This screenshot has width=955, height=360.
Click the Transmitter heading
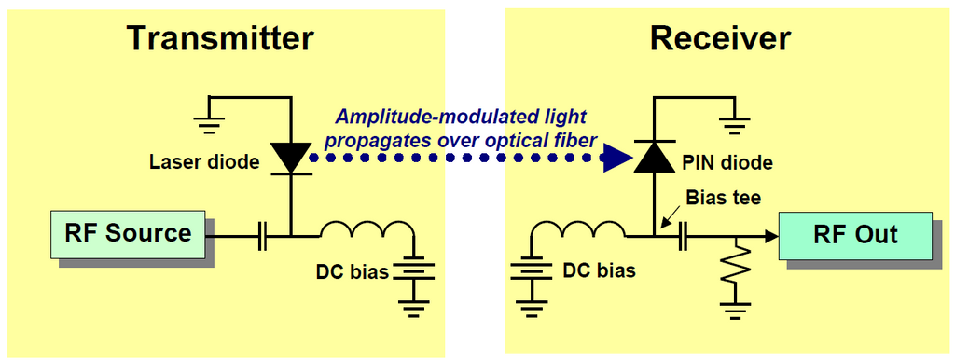(220, 38)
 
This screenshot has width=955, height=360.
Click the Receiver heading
(721, 38)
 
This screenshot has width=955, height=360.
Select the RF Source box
(128, 234)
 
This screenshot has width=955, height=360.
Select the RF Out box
(855, 234)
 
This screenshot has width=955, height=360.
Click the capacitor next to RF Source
(262, 236)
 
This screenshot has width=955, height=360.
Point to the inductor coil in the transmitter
(367, 229)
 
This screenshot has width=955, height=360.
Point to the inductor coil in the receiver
(578, 229)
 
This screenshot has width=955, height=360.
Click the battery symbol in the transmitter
(413, 271)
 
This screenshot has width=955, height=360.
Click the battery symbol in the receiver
(531, 271)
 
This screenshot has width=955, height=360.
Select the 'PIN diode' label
(728, 162)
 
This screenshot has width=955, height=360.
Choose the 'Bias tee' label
(724, 199)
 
